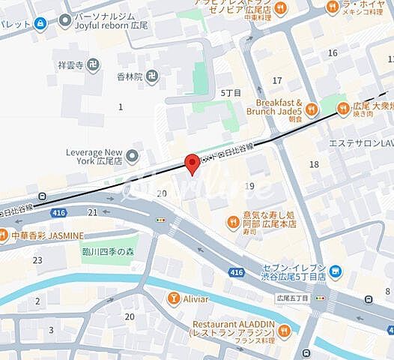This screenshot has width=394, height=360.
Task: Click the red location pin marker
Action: [192, 163]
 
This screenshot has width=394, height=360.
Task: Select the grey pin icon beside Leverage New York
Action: [133, 157]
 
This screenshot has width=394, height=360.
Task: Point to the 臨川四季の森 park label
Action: [110, 253]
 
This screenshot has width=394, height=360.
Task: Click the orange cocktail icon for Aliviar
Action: [174, 299]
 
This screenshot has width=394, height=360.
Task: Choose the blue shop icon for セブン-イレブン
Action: [336, 270]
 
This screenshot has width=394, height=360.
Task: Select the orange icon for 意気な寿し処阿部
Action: [233, 220]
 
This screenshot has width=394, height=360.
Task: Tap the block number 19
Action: [249, 186]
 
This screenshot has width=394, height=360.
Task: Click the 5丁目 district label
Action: [231, 93]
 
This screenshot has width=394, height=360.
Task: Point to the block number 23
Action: [37, 260]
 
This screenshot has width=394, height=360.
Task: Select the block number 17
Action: [277, 80]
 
